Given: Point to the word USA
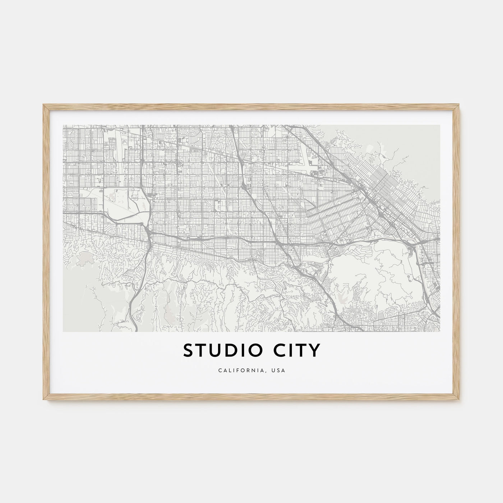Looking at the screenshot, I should pos(279,370).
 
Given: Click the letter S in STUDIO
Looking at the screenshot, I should pos(189,351).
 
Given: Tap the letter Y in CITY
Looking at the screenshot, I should pos(314,351).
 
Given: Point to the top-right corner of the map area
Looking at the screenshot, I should pos(440,125).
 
